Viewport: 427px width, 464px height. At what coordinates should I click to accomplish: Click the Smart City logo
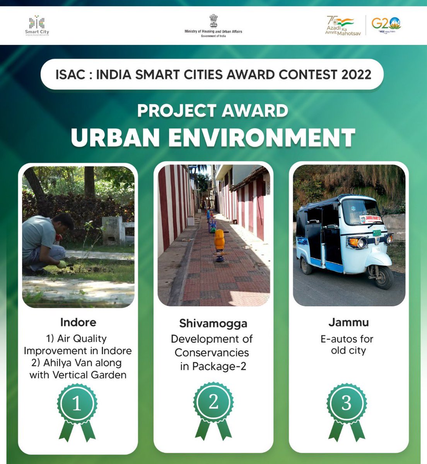pyautogui.click(x=37, y=26)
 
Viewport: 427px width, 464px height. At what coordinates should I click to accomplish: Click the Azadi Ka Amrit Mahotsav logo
pyautogui.click(x=340, y=26)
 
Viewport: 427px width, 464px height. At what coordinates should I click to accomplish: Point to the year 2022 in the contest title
pyautogui.click(x=356, y=74)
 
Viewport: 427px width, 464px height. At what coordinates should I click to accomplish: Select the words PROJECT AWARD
pyautogui.click(x=212, y=111)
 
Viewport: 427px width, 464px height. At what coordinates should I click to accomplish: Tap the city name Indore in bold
pyautogui.click(x=78, y=322)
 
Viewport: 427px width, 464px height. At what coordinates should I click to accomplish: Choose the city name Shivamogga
pyautogui.click(x=213, y=323)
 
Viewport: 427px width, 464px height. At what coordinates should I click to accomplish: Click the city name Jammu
pyautogui.click(x=348, y=322)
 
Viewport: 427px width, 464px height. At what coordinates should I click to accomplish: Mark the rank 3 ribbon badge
pyautogui.click(x=347, y=409)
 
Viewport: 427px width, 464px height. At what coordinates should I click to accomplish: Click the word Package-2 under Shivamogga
pyautogui.click(x=213, y=366)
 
